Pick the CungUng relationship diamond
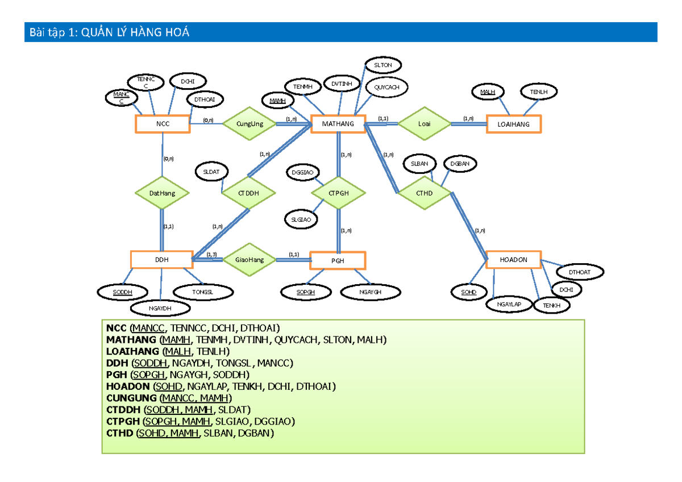249,123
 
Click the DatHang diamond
162,193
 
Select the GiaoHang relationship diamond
249,260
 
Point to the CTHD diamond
425,193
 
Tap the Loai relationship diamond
424,123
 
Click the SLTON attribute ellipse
383,65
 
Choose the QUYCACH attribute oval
386,88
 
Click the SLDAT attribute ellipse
211,172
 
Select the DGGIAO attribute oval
302,173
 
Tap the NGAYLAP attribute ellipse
509,304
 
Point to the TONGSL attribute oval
203,292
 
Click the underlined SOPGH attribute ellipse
306,292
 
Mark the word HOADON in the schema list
128,387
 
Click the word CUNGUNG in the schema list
131,398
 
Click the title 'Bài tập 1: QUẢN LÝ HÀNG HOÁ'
109,32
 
